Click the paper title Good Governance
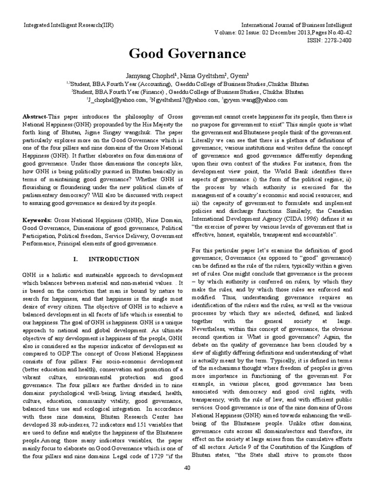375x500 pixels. (x=187, y=53)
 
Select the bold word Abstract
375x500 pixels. (x=35, y=118)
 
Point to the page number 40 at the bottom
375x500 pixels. (x=187, y=482)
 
